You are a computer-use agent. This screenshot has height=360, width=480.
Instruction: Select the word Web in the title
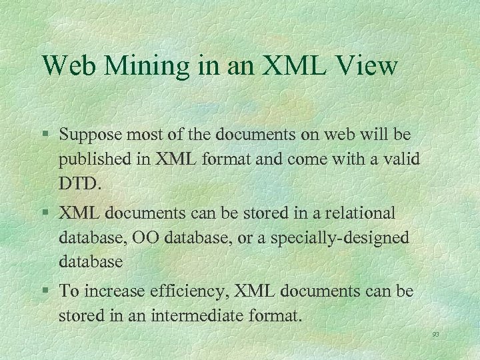coord(68,66)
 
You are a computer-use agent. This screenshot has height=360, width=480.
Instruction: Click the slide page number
coord(435,335)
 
